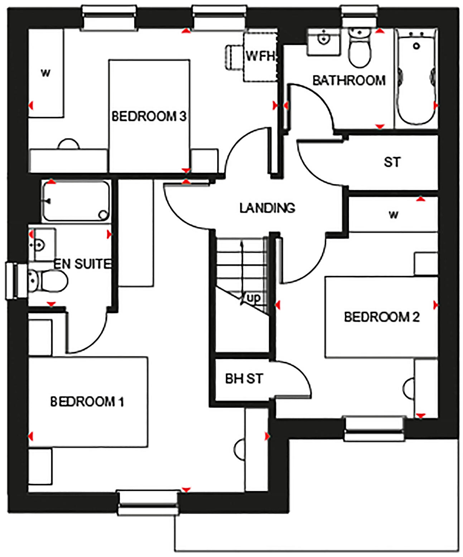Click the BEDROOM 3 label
149,116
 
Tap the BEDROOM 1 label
87,401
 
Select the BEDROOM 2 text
381,317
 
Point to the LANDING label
267,208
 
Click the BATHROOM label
349,80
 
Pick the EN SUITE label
82,264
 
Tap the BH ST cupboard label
244,379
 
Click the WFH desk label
260,56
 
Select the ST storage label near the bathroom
392,162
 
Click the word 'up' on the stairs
254,298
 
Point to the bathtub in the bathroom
416,77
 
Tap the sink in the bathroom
324,41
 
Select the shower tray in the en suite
76,201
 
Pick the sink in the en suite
40,245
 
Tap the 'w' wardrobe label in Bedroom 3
45,73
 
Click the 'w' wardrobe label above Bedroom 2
393,215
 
